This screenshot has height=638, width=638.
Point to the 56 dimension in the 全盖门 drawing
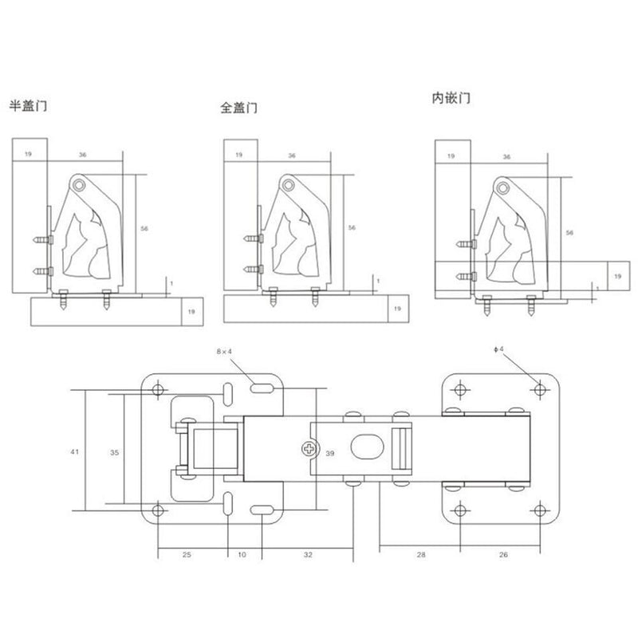point(352,227)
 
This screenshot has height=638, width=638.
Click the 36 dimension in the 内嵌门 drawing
point(507,158)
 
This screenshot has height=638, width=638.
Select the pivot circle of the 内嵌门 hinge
point(502,187)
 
